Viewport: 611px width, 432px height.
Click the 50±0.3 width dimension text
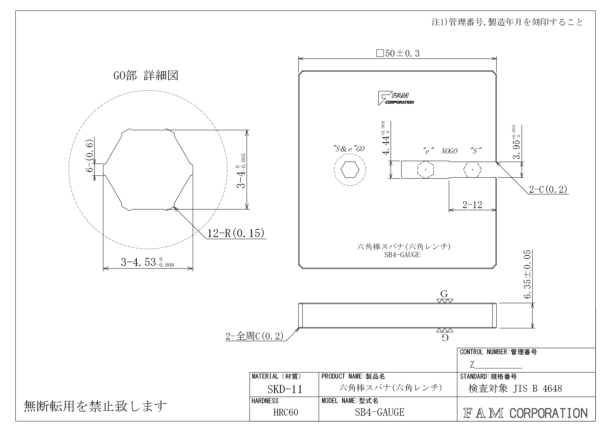click(x=398, y=53)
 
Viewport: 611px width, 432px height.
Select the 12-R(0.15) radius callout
click(x=236, y=233)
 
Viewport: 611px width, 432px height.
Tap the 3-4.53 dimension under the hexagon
click(x=147, y=262)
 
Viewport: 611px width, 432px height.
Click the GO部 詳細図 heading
click(x=146, y=76)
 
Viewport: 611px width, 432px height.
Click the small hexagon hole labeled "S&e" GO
click(x=350, y=170)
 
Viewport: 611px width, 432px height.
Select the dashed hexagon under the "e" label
click(x=426, y=170)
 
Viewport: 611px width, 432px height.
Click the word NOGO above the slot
click(x=449, y=151)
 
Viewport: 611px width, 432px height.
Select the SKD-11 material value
click(x=285, y=389)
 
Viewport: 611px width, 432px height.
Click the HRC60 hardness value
click(x=286, y=412)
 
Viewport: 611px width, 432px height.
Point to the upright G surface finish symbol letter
click(x=444, y=294)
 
